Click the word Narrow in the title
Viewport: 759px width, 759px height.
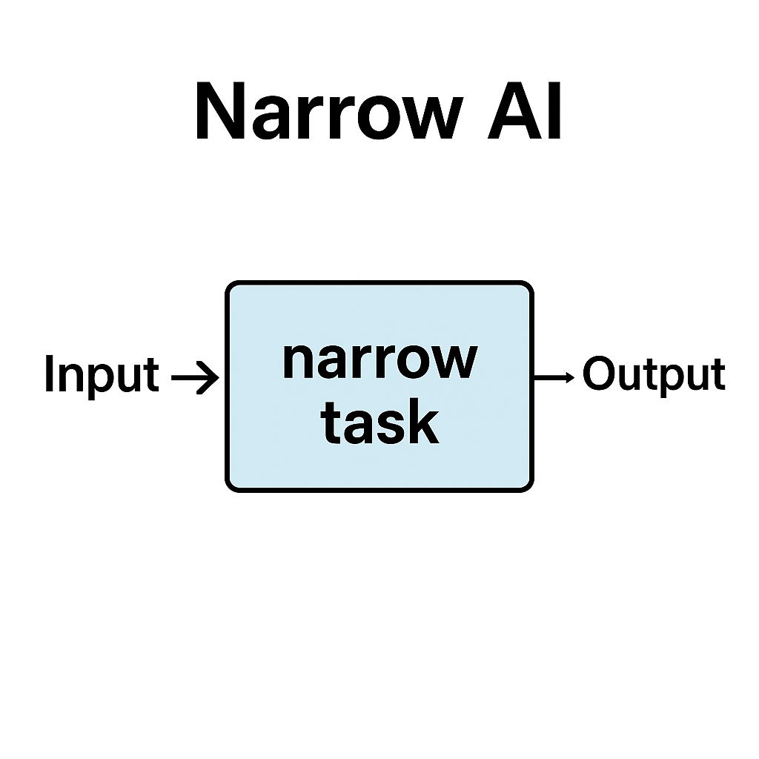click(x=330, y=111)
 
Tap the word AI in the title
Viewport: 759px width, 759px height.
click(x=524, y=111)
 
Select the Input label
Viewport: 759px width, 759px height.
click(x=102, y=374)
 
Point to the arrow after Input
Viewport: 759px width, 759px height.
click(x=195, y=377)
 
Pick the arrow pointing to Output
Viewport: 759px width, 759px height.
click(x=554, y=377)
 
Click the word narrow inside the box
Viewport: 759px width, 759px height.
click(x=380, y=361)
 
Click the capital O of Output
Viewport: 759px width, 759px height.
click(x=598, y=373)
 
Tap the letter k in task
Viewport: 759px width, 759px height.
click(x=423, y=422)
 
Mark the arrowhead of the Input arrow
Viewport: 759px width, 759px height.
click(x=208, y=377)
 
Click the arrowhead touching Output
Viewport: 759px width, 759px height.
click(x=570, y=377)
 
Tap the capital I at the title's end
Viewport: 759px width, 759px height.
click(x=554, y=111)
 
